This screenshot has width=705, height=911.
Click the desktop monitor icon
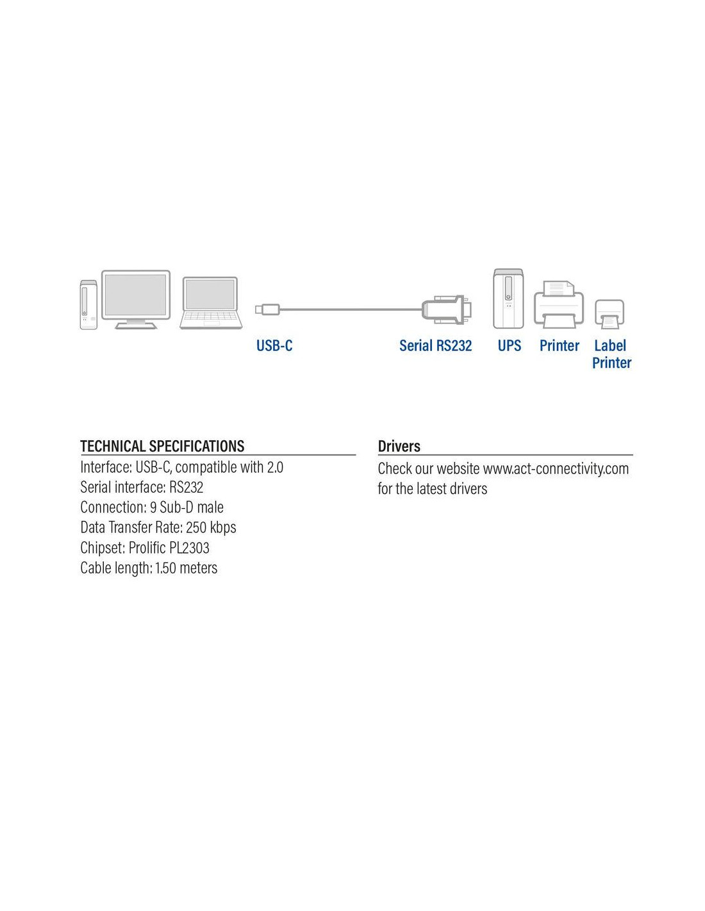pos(136,299)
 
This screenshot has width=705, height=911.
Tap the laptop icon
pos(211,302)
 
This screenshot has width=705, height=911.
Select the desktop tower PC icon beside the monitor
pos(89,305)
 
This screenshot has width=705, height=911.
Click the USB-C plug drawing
pos(267,309)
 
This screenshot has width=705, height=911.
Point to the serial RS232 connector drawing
pos(447,309)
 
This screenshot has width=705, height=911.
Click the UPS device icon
pos(508,299)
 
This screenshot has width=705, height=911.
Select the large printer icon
pos(559,304)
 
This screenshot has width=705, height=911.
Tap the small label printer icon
pos(610,314)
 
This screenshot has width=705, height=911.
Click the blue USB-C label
pos(274,345)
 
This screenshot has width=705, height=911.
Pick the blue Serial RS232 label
pos(435,345)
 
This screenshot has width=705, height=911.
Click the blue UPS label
pos(509,345)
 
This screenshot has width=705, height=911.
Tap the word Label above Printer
pos(610,345)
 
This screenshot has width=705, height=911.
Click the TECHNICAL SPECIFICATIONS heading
pos(162,446)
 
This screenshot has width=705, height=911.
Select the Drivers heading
pos(399,447)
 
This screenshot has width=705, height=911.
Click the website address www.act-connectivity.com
pos(556,469)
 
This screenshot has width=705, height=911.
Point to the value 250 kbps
pos(211,527)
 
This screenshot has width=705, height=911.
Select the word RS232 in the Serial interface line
pos(187,487)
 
